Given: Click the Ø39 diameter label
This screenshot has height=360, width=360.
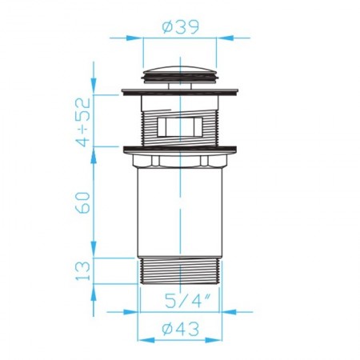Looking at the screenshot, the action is pyautogui.click(x=181, y=26).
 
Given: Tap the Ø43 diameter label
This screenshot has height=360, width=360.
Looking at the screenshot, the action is pyautogui.click(x=181, y=329).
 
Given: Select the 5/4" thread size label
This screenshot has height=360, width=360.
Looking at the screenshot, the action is pyautogui.click(x=186, y=301).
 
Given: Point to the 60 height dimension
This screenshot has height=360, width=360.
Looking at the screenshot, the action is pyautogui.click(x=82, y=202).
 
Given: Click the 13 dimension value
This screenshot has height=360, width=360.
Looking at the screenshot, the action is pyautogui.click(x=82, y=270).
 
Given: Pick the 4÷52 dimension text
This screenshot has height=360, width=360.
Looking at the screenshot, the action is pyautogui.click(x=82, y=122).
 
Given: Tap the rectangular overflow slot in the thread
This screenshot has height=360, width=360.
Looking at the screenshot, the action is pyautogui.click(x=179, y=127).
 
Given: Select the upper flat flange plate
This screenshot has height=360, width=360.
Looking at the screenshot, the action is pyautogui.click(x=180, y=91).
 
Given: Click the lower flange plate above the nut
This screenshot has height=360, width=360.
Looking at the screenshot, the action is pyautogui.click(x=180, y=150).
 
